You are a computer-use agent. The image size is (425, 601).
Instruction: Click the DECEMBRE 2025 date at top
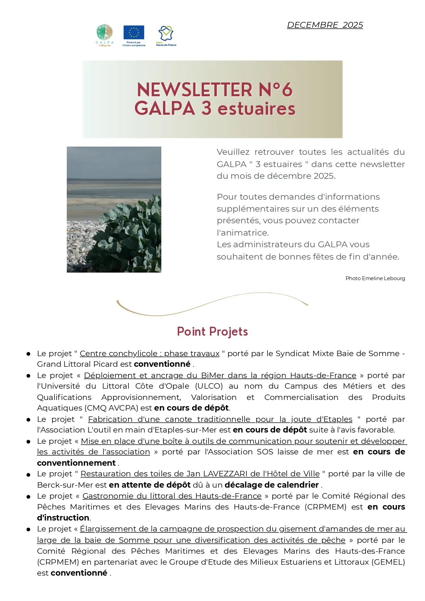(325, 25)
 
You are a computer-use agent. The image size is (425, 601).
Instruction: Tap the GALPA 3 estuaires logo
(104, 35)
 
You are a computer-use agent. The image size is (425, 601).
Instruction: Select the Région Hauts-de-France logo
(166, 35)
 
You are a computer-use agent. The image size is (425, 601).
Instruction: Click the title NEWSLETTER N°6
(215, 90)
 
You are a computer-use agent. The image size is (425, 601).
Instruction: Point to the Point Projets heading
(212, 331)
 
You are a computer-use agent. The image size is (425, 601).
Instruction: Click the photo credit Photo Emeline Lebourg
(375, 278)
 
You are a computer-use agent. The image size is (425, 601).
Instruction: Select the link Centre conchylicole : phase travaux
(150, 353)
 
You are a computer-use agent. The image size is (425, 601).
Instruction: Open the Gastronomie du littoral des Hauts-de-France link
(172, 496)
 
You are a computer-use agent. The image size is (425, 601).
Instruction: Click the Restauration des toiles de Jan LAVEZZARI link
(200, 474)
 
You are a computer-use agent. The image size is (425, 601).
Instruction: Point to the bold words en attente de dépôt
(150, 485)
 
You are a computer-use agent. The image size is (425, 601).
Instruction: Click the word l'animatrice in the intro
(242, 233)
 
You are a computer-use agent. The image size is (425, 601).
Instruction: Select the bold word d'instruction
(63, 518)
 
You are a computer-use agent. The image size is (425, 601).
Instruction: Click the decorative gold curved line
(212, 303)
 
